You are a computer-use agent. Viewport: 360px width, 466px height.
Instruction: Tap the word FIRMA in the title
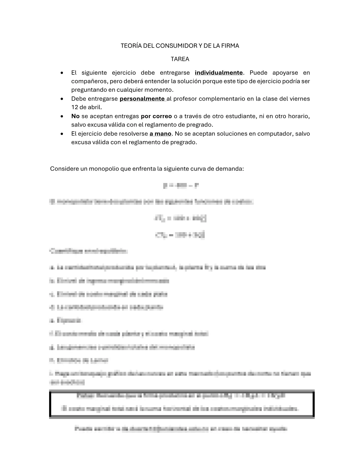231,46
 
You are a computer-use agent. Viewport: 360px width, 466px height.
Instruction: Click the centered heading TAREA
180,59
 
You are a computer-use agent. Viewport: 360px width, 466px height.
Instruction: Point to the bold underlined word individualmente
219,72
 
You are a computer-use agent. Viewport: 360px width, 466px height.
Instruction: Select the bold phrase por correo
156,116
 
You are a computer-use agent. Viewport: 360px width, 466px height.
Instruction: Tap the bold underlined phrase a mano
160,134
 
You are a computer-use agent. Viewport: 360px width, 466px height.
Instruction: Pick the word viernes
299,99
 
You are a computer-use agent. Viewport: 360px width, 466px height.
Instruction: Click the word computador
276,134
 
